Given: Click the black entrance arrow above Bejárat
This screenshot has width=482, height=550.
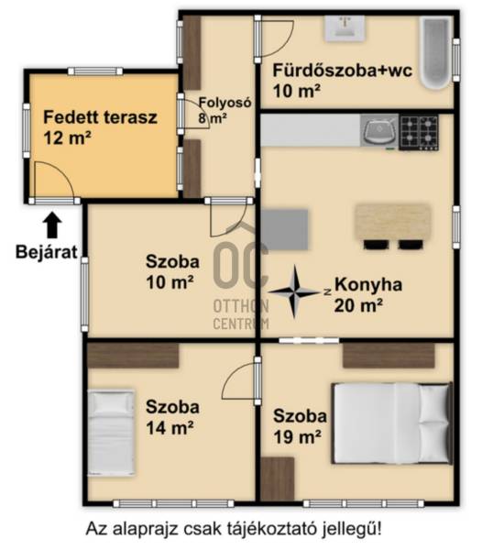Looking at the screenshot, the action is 52,225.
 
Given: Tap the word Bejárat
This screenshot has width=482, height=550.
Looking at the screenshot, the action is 46,252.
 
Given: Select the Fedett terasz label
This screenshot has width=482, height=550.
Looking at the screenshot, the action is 100,127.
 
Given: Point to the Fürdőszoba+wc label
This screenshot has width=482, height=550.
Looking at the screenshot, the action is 343,81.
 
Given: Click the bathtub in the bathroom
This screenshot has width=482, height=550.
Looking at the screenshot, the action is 436,52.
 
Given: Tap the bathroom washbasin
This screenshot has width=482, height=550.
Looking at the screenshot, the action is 345,28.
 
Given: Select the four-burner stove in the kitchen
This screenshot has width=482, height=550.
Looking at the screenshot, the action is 419,133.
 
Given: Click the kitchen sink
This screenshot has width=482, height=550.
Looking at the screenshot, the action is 379,131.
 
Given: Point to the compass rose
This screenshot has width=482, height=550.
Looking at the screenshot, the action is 294,291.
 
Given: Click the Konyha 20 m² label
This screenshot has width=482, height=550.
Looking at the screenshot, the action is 368,294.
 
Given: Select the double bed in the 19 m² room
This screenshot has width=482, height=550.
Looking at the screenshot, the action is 392,423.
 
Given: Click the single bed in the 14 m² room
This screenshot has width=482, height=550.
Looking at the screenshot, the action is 111,433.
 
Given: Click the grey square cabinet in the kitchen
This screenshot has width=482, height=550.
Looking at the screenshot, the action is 285,230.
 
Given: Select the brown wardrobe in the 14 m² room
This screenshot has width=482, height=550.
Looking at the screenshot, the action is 133,356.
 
